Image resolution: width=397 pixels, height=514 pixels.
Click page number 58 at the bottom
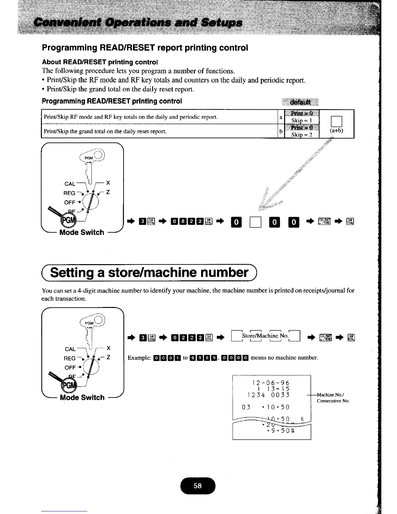[x=198, y=486]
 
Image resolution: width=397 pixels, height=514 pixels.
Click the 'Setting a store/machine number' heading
[x=149, y=272]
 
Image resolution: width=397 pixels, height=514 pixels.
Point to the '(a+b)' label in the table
[x=336, y=131]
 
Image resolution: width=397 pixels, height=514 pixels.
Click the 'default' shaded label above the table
[x=300, y=102]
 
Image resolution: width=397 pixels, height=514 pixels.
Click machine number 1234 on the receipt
[x=256, y=395]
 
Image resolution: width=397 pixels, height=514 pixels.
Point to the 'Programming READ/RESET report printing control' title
[x=145, y=48]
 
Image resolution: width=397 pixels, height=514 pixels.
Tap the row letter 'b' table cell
[x=281, y=131]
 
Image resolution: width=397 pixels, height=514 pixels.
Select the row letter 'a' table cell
[x=281, y=117]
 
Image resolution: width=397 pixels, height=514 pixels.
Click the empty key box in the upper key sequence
[x=255, y=222]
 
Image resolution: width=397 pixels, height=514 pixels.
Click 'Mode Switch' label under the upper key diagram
[x=82, y=232]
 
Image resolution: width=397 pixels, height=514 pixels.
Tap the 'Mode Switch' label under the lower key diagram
[x=82, y=398]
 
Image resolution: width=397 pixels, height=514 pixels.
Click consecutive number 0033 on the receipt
[x=281, y=395]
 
